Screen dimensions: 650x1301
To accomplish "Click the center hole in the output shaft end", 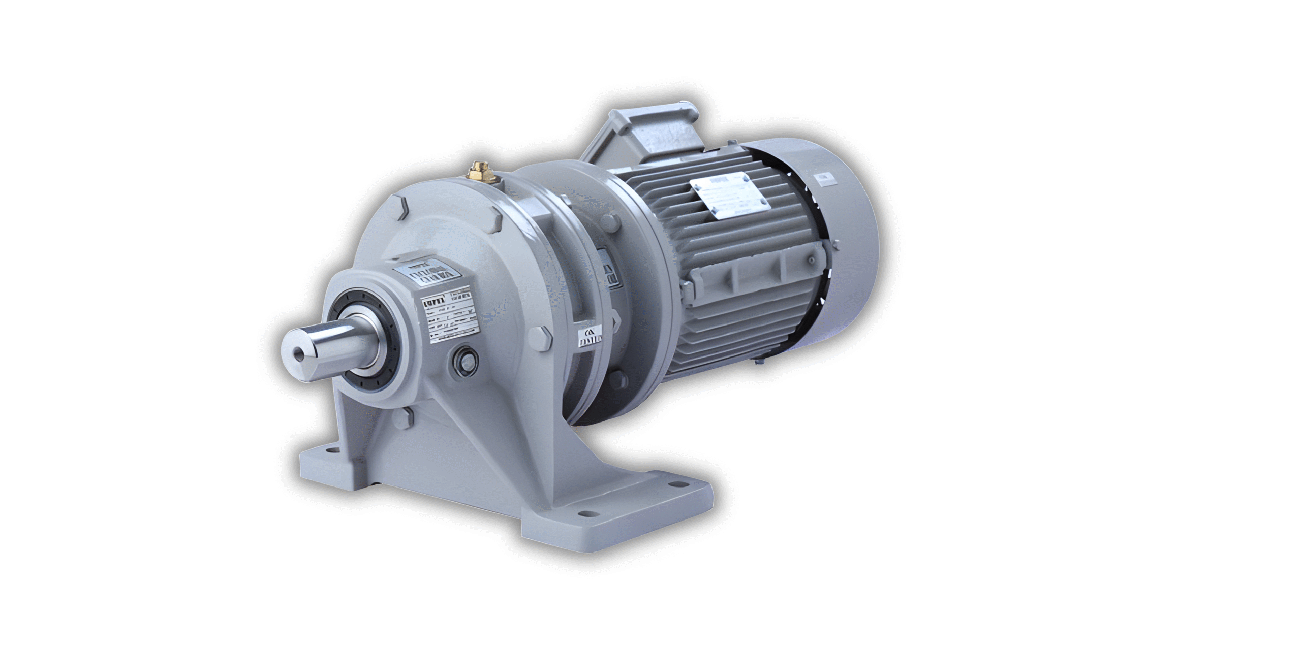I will (296, 351).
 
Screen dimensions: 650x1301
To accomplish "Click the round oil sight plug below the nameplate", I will (464, 362).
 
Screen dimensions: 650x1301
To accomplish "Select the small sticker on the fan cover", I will (824, 178).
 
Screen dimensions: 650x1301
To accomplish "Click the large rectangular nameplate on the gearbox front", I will (450, 315).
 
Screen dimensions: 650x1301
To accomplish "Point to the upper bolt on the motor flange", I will (611, 221).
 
